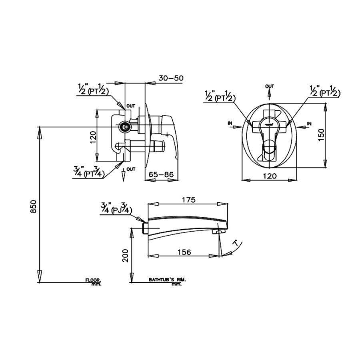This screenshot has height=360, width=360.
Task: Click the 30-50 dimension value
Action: (x=171, y=78)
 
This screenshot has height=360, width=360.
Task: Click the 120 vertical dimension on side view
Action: (x=93, y=137)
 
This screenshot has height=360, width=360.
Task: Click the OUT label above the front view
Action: (x=270, y=86)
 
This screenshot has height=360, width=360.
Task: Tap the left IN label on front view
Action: (x=230, y=123)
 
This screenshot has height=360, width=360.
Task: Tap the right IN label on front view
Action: (x=309, y=123)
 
